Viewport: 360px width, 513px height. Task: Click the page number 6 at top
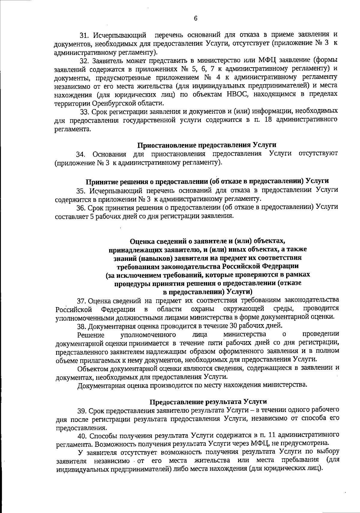pos(196,19)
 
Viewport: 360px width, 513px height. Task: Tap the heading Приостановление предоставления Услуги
pos(207,145)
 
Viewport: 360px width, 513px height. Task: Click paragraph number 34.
pos(81,154)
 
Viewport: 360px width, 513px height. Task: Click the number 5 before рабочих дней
pos(92,216)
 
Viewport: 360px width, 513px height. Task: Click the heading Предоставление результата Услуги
pos(208,402)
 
